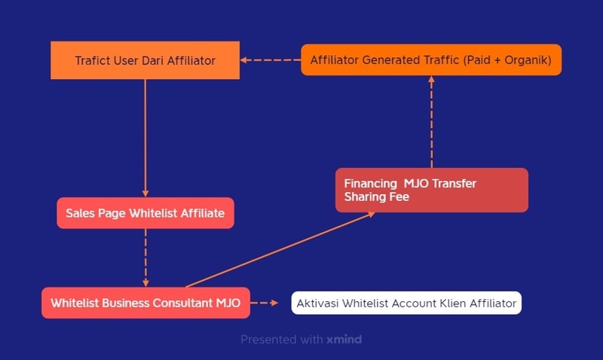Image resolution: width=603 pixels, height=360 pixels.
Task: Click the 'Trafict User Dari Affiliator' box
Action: (x=145, y=60)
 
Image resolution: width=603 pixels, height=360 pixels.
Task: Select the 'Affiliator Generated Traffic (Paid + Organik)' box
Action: (x=431, y=60)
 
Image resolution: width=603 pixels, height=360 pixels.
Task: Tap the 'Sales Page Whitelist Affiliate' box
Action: (x=145, y=213)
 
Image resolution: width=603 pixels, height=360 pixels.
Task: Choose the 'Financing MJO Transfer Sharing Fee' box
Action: (x=431, y=190)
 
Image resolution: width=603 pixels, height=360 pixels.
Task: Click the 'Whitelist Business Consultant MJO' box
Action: (x=145, y=303)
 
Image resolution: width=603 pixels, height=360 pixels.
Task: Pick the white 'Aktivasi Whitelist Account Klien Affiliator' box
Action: (x=406, y=303)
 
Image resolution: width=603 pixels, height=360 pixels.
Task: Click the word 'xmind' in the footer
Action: (x=344, y=339)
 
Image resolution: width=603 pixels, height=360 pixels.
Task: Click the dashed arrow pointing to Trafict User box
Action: (x=271, y=60)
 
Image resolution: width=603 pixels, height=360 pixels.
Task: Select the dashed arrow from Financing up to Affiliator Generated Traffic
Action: (x=431, y=121)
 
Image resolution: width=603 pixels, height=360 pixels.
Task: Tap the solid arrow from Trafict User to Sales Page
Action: (x=145, y=139)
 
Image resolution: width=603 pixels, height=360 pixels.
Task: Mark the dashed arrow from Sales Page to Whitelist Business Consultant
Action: (x=145, y=258)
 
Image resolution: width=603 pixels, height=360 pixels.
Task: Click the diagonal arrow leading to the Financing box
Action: (x=280, y=250)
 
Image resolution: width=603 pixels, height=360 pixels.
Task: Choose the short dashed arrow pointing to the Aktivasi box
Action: (x=265, y=303)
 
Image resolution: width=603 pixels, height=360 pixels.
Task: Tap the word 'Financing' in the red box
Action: (x=370, y=184)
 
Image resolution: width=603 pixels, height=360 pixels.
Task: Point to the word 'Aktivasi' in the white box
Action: (x=317, y=303)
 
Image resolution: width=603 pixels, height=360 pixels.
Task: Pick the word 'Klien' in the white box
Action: (x=451, y=303)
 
